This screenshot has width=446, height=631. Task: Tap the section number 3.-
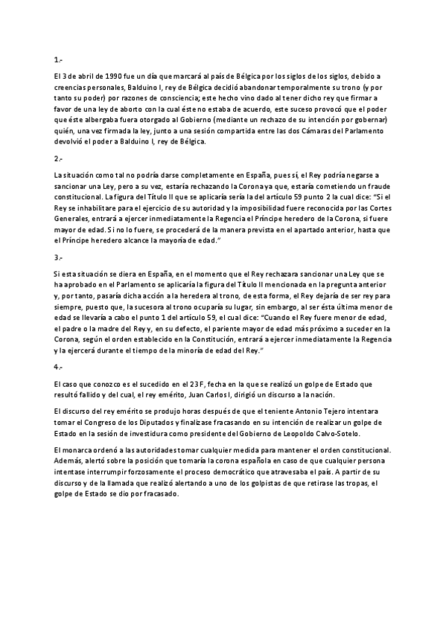[57, 257]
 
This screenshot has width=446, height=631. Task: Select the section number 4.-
[57, 367]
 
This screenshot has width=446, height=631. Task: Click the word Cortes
[380, 208]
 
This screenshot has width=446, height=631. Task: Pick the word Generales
[72, 220]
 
